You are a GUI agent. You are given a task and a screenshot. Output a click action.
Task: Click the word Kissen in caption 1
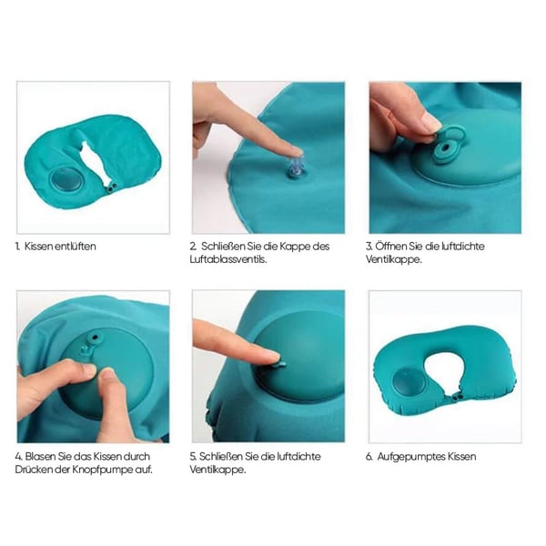click(38, 247)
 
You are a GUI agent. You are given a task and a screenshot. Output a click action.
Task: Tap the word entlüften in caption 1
click(76, 247)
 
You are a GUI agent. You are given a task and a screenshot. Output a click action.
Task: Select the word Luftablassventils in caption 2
click(228, 259)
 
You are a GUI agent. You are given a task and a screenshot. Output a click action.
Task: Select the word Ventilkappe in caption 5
click(217, 470)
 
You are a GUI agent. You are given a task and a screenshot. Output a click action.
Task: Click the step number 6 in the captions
click(369, 457)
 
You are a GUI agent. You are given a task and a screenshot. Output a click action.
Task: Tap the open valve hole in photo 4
click(95, 337)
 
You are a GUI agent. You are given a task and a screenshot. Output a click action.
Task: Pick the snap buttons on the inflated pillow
click(458, 397)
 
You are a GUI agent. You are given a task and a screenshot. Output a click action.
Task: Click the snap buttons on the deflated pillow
click(112, 187)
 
